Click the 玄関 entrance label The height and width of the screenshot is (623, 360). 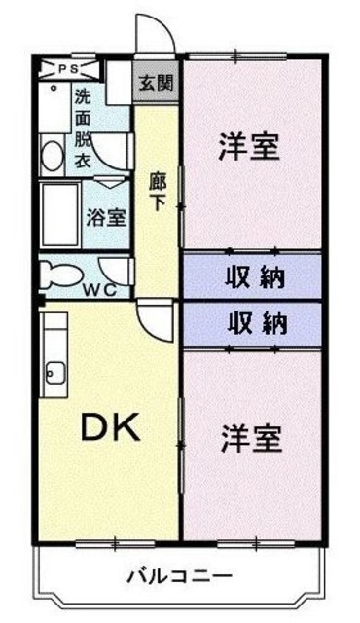(x=155, y=82)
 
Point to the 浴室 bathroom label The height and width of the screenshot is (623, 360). (x=106, y=216)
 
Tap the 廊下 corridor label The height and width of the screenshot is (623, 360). (x=156, y=192)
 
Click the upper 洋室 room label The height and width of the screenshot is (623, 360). (x=249, y=148)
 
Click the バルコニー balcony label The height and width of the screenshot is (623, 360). (x=178, y=574)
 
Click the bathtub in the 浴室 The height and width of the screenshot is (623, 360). (x=61, y=215)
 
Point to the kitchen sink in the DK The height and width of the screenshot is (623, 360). (x=54, y=371)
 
